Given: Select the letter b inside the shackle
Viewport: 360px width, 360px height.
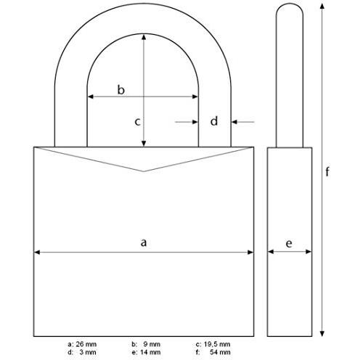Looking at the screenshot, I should click(x=122, y=89).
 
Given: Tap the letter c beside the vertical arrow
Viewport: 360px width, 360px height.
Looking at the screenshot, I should click(x=136, y=121).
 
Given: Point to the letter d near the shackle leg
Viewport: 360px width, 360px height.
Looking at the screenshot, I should click(x=214, y=121).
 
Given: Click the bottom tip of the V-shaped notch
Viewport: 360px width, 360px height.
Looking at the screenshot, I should click(x=144, y=171).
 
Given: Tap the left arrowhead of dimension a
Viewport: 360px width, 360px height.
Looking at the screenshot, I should click(x=37, y=253).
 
